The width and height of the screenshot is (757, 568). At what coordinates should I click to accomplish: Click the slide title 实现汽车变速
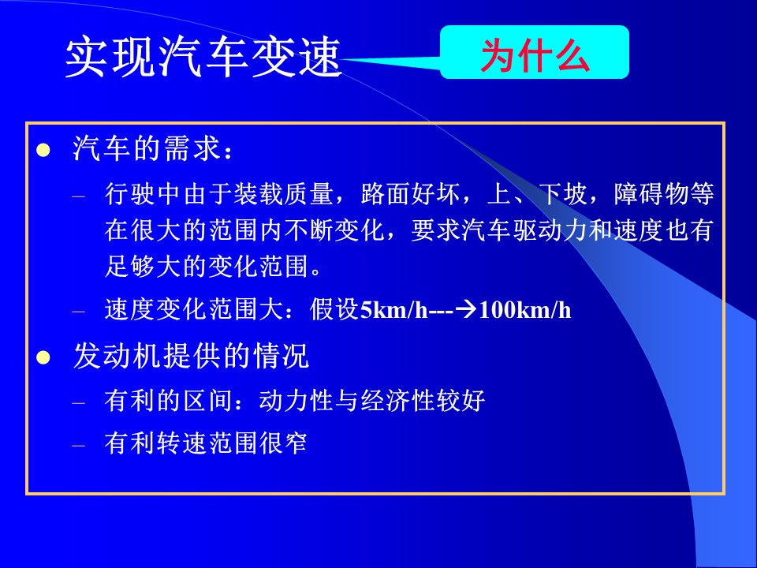[x=203, y=57]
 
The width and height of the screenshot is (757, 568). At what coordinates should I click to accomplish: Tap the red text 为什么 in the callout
[x=535, y=54]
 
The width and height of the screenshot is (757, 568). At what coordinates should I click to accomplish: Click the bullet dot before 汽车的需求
[x=43, y=150]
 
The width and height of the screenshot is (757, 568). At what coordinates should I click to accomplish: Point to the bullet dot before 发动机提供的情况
[x=43, y=358]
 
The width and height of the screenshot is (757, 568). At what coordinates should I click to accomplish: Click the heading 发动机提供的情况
[x=191, y=356]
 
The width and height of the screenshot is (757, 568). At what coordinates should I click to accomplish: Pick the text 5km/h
[x=394, y=309]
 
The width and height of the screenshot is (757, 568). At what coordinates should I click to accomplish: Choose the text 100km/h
[x=525, y=309]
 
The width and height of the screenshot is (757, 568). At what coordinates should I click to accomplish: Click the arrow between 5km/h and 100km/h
[x=465, y=309]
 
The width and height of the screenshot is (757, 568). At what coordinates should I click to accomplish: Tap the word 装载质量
[x=285, y=194]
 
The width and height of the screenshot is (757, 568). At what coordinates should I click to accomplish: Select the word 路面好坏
[x=411, y=194]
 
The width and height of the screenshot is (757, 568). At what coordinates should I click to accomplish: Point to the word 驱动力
[x=550, y=230]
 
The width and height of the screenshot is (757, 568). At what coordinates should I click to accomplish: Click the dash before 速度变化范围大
[x=79, y=311]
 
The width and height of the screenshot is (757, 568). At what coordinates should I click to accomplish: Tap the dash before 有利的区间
[x=79, y=402]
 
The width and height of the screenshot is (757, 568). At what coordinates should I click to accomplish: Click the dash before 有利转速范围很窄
[x=79, y=444]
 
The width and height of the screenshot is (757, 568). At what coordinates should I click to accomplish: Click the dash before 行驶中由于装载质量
[x=79, y=196]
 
